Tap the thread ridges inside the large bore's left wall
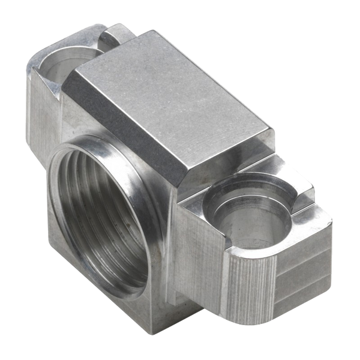click(66, 210)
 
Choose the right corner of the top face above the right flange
click(276, 129)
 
